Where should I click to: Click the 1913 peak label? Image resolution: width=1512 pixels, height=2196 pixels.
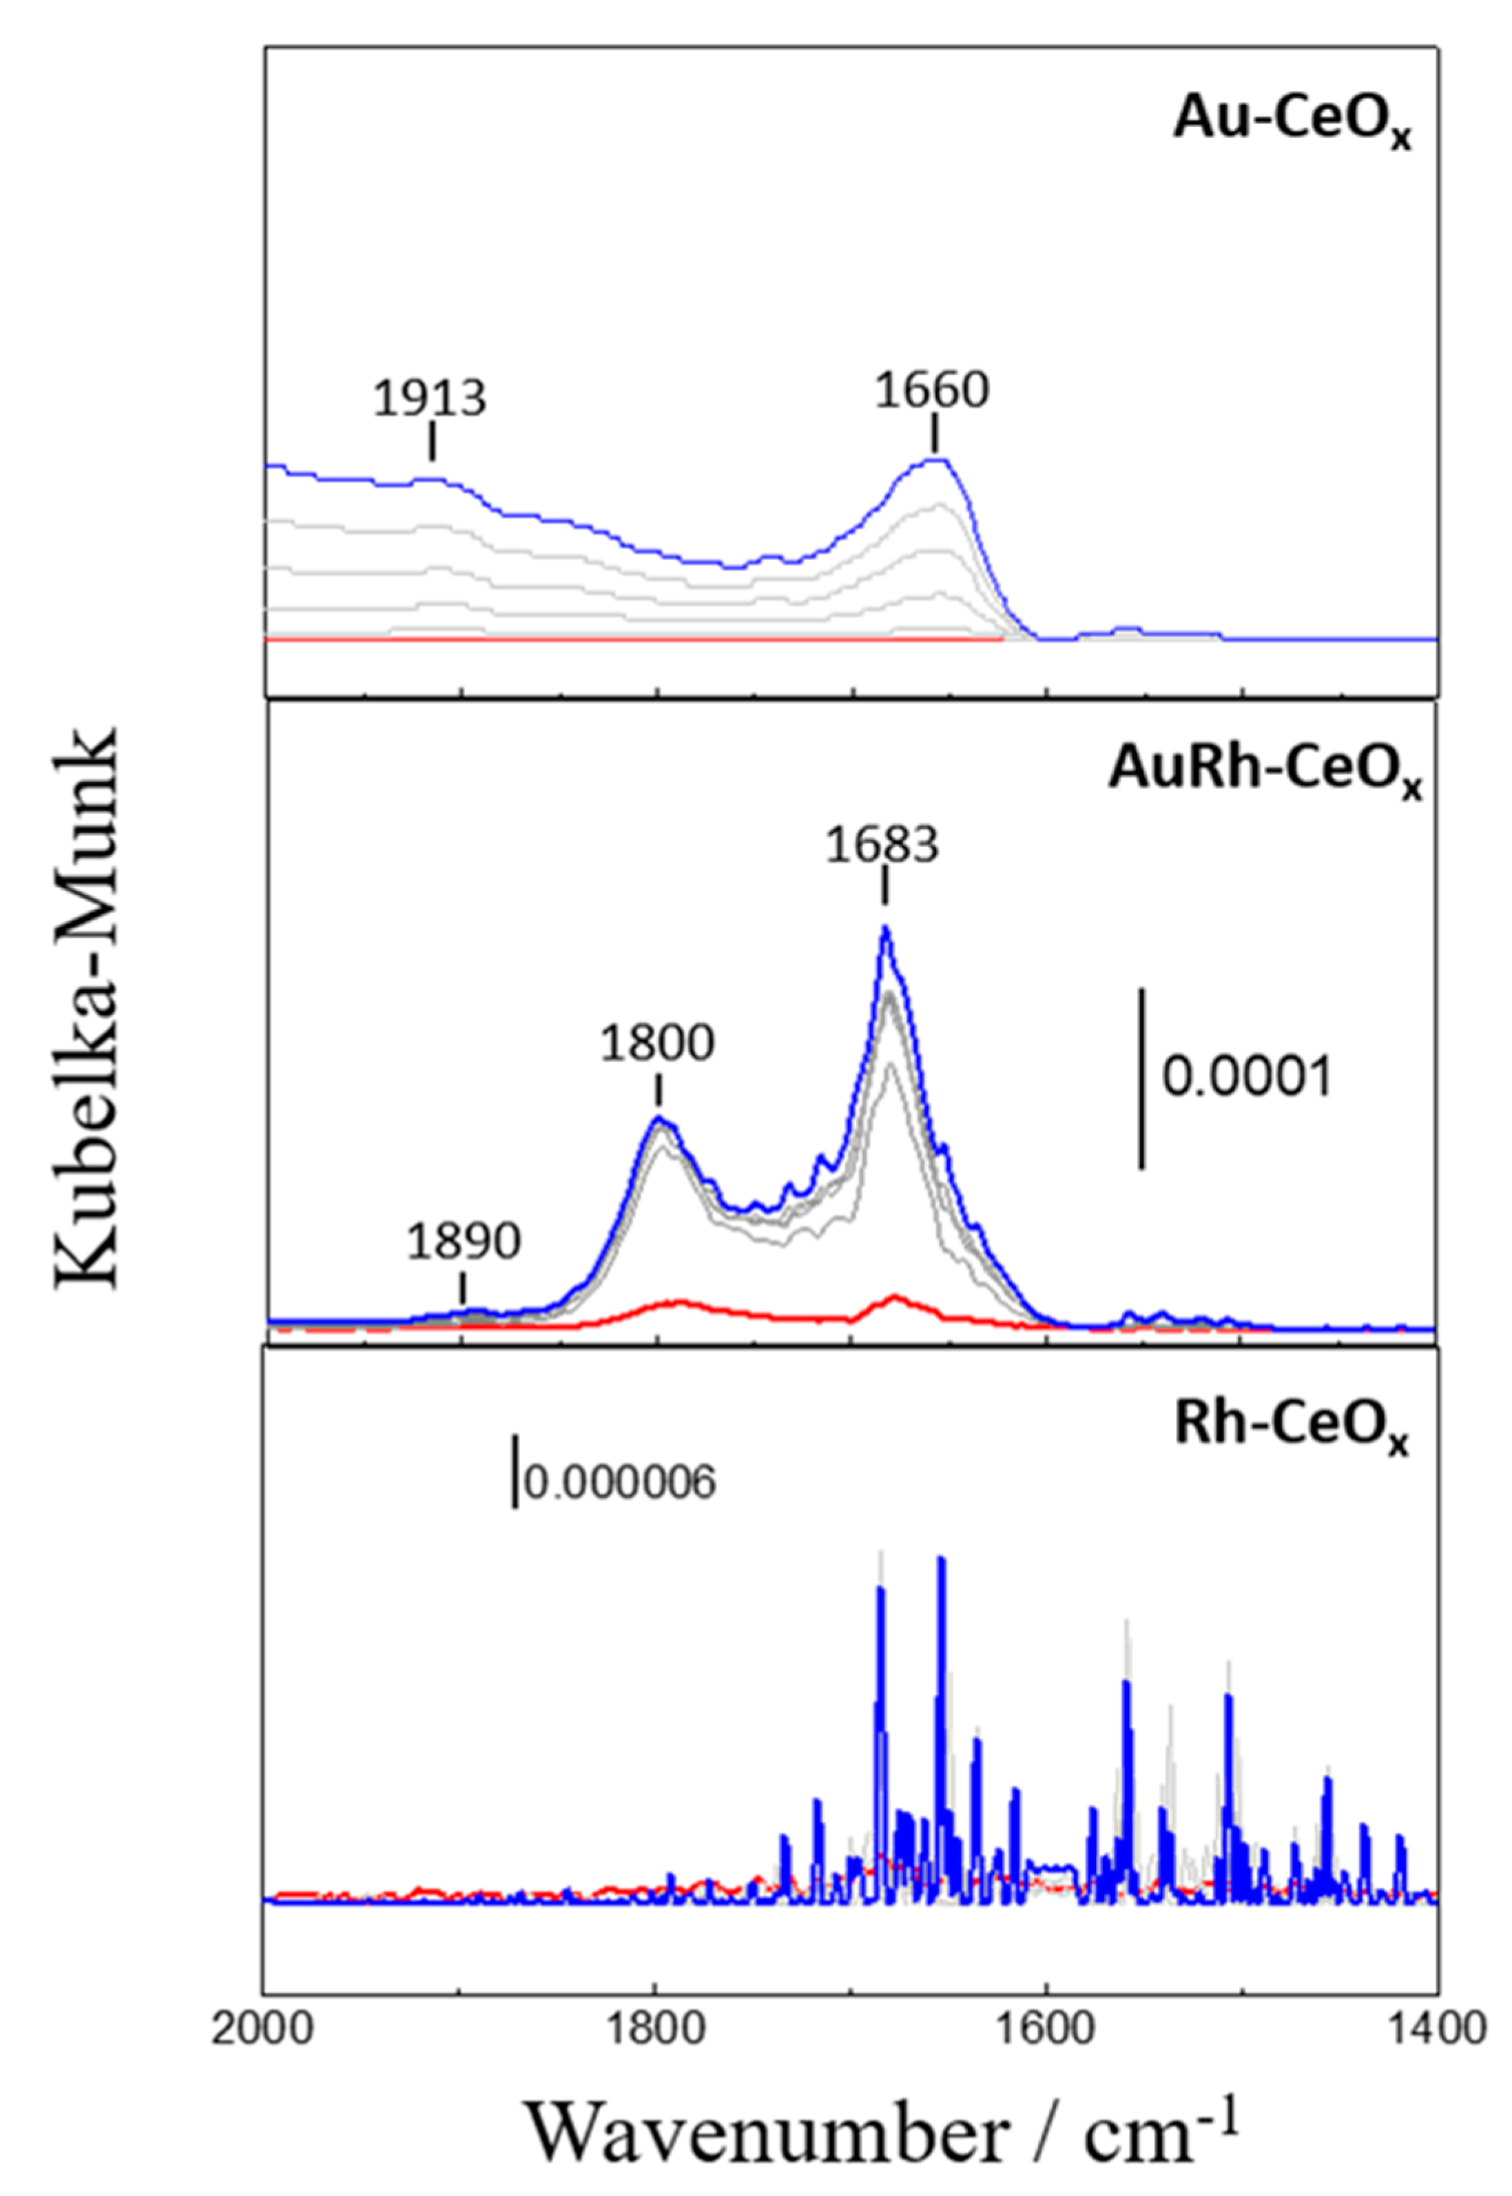pyautogui.click(x=429, y=398)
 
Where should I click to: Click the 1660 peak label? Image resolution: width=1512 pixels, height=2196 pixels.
pyautogui.click(x=931, y=389)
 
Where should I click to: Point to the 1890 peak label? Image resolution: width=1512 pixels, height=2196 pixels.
pyautogui.click(x=464, y=1241)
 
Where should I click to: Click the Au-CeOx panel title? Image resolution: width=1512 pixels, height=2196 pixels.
pyautogui.click(x=1292, y=123)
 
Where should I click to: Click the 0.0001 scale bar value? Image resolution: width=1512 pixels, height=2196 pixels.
pyautogui.click(x=1246, y=1078)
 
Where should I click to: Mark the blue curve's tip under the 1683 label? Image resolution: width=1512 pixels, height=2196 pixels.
pyautogui.click(x=885, y=927)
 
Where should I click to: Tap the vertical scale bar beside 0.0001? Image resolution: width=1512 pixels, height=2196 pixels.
pyautogui.click(x=1141, y=1078)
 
